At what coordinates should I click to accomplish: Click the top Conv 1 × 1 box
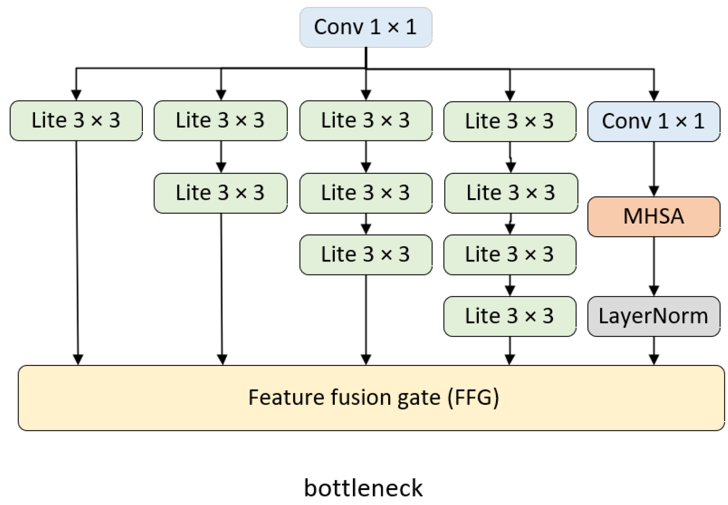(365, 27)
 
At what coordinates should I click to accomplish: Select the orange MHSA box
(653, 216)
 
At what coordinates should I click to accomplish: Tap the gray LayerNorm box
(653, 316)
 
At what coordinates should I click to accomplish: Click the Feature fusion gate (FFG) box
(371, 398)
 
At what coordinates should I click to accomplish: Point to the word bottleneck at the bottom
(363, 488)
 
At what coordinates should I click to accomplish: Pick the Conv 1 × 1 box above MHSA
(653, 121)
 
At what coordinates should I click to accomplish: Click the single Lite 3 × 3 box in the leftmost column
(76, 120)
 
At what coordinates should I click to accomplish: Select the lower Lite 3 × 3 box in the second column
(220, 193)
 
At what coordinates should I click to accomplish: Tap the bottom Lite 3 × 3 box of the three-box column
(365, 254)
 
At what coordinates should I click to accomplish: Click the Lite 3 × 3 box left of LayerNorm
(509, 316)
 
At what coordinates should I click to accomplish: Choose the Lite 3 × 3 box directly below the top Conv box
(365, 120)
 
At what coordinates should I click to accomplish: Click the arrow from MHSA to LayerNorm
(654, 266)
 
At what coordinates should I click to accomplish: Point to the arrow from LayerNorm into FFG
(654, 350)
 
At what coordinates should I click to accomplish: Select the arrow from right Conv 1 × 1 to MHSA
(654, 169)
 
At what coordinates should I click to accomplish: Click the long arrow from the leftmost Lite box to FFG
(77, 250)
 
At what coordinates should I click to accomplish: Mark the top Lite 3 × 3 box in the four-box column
(509, 121)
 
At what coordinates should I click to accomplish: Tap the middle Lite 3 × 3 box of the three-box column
(365, 193)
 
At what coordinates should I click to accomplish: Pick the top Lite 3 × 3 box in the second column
(220, 120)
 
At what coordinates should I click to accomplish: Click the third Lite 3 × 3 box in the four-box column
(509, 254)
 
